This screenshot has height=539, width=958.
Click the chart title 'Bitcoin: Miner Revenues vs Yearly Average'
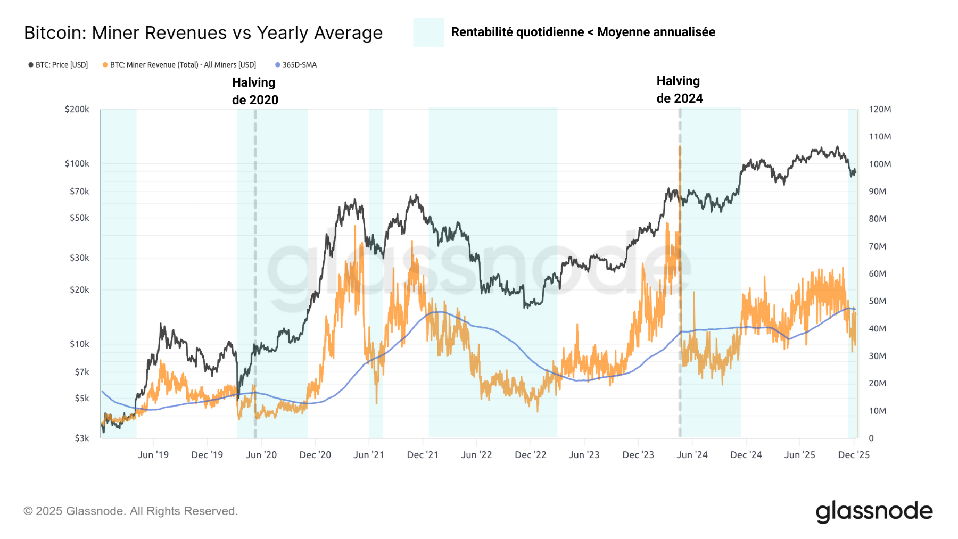tap(203, 33)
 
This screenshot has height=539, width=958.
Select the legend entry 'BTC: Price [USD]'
tap(58, 65)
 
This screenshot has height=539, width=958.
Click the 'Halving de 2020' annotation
tap(255, 91)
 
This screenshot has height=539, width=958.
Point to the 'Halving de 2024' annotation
tap(679, 89)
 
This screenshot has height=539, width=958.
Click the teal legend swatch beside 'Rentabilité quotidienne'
tap(428, 32)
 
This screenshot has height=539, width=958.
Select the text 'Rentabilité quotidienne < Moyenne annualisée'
tap(583, 32)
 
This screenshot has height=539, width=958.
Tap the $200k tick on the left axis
tap(77, 109)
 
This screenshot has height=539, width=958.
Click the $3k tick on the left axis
tap(81, 438)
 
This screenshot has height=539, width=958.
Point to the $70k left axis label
tap(79, 191)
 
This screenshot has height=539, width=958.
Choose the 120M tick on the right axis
tap(880, 109)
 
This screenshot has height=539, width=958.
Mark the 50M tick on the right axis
tap(878, 301)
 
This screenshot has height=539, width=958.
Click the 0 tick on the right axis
tap(871, 438)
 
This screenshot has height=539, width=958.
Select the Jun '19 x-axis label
tap(153, 455)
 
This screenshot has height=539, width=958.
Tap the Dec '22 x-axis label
tap(530, 455)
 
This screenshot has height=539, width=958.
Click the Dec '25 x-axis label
tap(853, 455)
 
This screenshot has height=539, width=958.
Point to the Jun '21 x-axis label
tap(368, 455)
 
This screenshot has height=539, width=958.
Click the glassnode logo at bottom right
tap(874, 511)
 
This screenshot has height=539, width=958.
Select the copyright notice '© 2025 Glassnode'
tap(130, 511)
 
